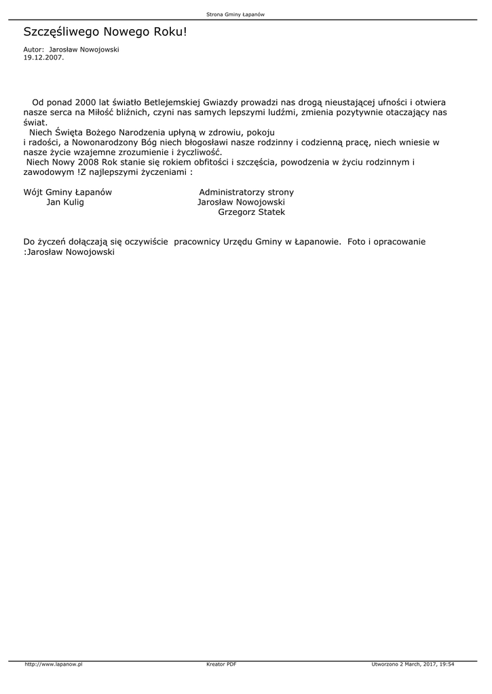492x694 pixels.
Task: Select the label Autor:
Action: point(33,49)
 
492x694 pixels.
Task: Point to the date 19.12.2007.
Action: point(43,58)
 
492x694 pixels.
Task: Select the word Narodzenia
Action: point(145,132)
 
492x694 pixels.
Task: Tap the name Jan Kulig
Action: point(65,203)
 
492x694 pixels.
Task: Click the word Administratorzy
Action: point(231,192)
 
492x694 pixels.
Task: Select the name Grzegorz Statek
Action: point(252,213)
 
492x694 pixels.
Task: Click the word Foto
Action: point(358,242)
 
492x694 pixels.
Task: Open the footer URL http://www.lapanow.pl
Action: point(54,665)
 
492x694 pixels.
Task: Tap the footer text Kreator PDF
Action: point(221,665)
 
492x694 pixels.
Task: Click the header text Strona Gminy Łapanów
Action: point(235,14)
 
